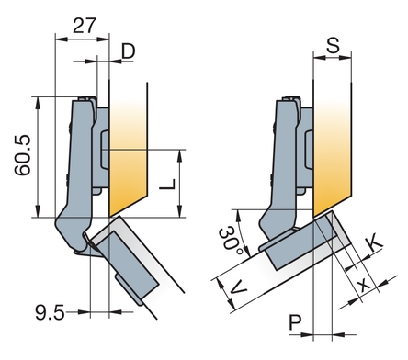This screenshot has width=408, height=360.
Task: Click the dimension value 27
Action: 85,26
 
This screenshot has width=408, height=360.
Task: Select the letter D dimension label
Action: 129,51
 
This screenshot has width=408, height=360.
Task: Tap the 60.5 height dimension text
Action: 23,155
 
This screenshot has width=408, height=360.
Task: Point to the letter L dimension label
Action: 168,185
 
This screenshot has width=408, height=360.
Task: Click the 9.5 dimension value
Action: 50,313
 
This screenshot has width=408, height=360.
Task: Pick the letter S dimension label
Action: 333,45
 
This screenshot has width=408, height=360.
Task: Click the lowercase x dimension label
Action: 364,285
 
